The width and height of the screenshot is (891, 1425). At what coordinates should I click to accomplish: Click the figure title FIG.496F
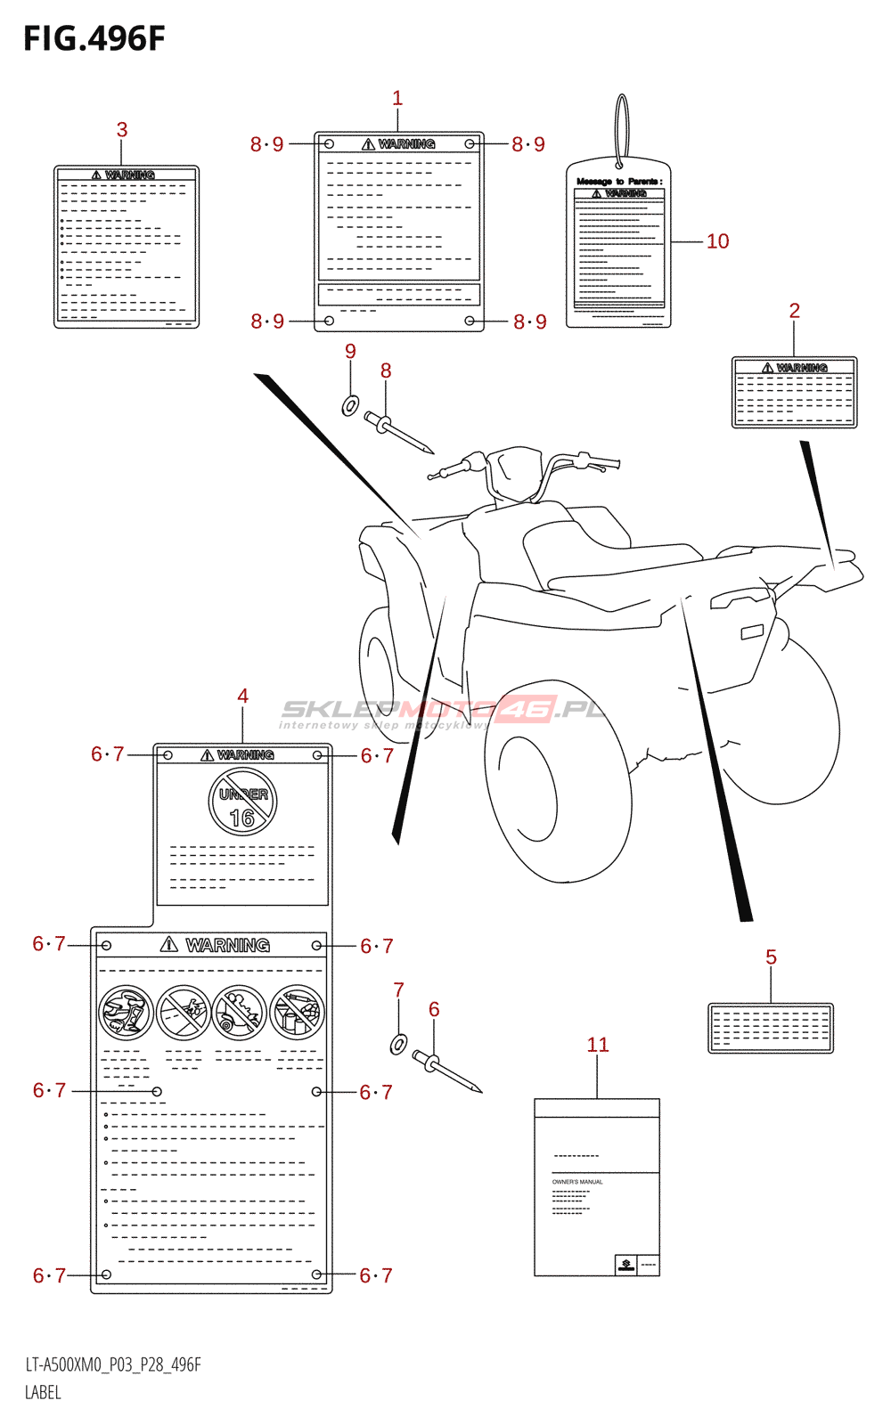tap(94, 39)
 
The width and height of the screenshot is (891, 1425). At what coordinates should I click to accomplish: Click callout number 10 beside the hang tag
tap(717, 241)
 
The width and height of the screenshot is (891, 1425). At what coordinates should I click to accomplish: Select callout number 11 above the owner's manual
tap(598, 1045)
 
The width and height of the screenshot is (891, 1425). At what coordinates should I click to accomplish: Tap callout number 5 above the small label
tap(771, 957)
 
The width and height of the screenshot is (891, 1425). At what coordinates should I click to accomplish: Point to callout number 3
tap(122, 130)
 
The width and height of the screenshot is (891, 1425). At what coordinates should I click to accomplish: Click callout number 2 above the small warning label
tap(795, 311)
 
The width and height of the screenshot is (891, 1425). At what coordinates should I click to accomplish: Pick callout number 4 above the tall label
tap(242, 696)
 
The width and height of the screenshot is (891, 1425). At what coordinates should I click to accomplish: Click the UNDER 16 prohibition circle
tap(242, 802)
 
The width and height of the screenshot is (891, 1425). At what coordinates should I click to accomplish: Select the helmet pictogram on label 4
tap(126, 1013)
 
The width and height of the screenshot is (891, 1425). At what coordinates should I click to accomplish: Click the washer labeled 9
tap(350, 406)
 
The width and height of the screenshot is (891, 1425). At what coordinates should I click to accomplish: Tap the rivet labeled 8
tap(397, 431)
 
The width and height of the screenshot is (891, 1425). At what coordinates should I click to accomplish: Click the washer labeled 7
tap(399, 1043)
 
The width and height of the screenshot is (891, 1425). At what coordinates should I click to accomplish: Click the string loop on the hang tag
tap(621, 129)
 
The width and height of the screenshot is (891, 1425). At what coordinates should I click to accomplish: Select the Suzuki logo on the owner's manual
tap(626, 1264)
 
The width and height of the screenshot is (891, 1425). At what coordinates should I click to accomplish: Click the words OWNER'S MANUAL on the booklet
tap(577, 1182)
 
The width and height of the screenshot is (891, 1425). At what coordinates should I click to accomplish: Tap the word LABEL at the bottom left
tap(43, 1393)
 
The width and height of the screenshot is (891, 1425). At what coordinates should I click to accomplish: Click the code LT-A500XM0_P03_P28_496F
tap(113, 1365)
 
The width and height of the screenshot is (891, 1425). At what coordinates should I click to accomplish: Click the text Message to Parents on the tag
tap(618, 182)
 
